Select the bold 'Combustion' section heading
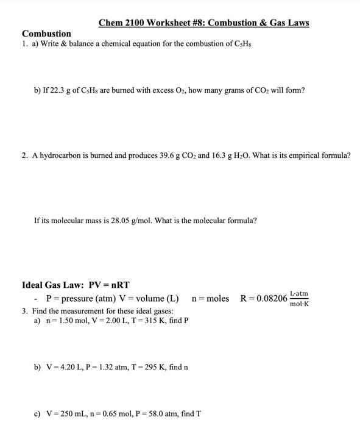click(x=46, y=34)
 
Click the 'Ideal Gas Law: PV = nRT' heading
click(x=76, y=285)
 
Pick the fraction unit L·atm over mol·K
click(x=299, y=298)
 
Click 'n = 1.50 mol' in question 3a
click(x=65, y=320)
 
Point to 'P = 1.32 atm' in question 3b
click(x=108, y=367)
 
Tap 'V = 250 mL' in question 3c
click(x=64, y=414)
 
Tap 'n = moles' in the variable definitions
click(x=210, y=298)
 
